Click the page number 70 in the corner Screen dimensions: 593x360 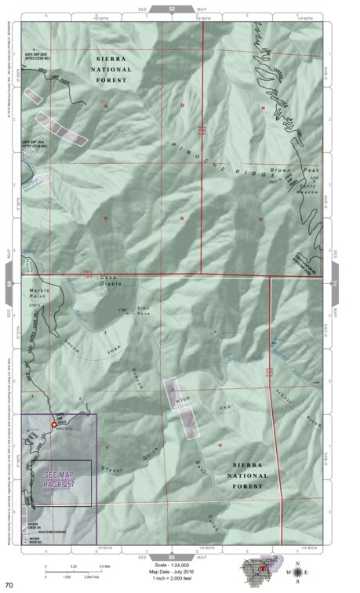pyautogui.click(x=9, y=584)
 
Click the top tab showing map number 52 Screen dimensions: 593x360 pyautogui.click(x=172, y=8)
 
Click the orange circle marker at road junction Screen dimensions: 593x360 pyautogui.click(x=54, y=424)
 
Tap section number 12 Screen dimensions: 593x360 pyautogui.click(x=220, y=446)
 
